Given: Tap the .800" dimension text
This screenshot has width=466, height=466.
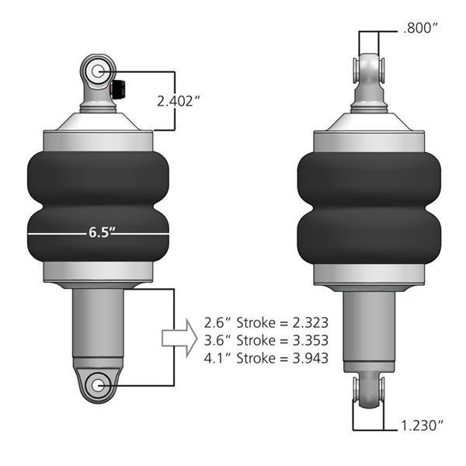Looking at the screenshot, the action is (x=420, y=28).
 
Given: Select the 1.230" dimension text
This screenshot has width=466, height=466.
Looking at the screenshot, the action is (x=422, y=426).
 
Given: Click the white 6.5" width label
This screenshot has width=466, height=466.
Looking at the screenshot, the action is (x=102, y=232).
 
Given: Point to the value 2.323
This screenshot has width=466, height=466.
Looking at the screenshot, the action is (x=310, y=323).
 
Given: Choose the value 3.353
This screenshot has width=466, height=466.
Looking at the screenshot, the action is (x=310, y=340).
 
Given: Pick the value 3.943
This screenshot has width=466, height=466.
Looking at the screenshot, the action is (x=310, y=358).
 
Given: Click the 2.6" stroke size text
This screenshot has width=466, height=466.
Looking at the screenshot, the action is (x=217, y=323).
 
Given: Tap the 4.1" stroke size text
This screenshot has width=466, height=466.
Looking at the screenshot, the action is (x=217, y=358).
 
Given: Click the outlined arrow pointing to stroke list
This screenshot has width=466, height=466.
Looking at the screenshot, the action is (x=179, y=338).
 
